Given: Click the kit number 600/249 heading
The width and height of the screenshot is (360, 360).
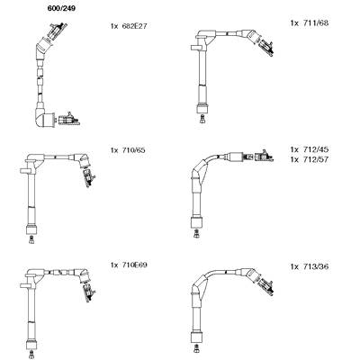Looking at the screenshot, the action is pyautogui.click(x=61, y=9).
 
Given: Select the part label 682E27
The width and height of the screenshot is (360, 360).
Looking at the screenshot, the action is pyautogui.click(x=134, y=26).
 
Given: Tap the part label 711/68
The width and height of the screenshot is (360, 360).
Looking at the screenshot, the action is pyautogui.click(x=315, y=23).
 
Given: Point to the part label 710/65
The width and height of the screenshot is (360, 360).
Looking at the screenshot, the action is pyautogui.click(x=133, y=150).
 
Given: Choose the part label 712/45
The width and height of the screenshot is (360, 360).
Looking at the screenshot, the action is pyautogui.click(x=315, y=149).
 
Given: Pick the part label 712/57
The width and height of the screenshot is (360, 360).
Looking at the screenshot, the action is pyautogui.click(x=315, y=159).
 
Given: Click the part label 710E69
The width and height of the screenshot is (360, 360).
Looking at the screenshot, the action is pyautogui.click(x=134, y=265).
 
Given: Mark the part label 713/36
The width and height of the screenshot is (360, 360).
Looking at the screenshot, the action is pyautogui.click(x=315, y=266).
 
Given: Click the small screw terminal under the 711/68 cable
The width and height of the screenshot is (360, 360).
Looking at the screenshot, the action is pyautogui.click(x=202, y=118).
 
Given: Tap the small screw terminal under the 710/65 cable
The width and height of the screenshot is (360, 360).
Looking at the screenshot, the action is pyautogui.click(x=31, y=239).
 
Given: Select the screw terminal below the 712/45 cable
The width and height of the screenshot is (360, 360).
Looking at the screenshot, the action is pyautogui.click(x=196, y=233).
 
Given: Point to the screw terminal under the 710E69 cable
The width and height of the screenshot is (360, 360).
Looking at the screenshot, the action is pyautogui.click(x=31, y=354).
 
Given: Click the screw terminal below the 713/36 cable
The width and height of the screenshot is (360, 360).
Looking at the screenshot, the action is pyautogui.click(x=196, y=348).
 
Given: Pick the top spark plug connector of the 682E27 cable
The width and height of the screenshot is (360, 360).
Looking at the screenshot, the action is pyautogui.click(x=57, y=31).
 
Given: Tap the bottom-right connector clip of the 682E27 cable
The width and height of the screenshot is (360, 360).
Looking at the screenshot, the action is pyautogui.click(x=69, y=119).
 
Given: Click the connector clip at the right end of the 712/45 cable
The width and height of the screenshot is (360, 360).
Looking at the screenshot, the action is pyautogui.click(x=264, y=156).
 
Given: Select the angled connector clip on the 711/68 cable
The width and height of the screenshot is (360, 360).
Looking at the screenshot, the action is pyautogui.click(x=265, y=47).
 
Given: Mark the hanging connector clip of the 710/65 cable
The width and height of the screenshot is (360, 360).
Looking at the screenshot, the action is pyautogui.click(x=89, y=176).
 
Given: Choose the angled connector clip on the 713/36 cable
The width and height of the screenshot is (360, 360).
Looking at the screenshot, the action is pyautogui.click(x=265, y=286).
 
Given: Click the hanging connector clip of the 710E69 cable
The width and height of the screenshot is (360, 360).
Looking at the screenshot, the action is pyautogui.click(x=89, y=292).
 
